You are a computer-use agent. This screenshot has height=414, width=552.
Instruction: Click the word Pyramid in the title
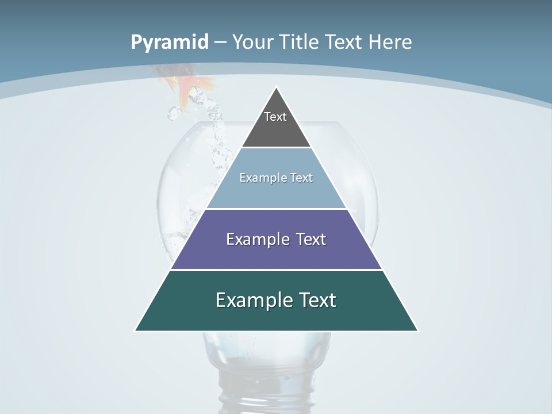pos(170,43)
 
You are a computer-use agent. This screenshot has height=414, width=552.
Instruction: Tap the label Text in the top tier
pos(275,117)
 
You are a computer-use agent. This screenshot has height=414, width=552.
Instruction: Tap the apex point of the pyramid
pos(277,88)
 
